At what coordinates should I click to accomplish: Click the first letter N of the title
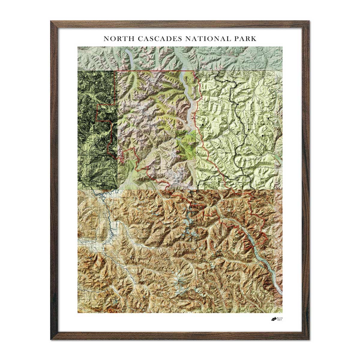(106, 39)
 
